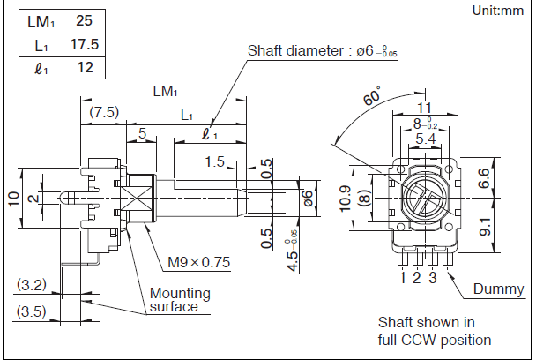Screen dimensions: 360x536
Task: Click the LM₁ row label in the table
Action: [38, 20]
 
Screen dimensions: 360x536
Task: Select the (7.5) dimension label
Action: [104, 112]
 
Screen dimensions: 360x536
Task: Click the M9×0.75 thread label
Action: [199, 262]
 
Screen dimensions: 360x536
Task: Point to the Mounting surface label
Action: [180, 300]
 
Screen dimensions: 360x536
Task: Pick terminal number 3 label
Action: [433, 279]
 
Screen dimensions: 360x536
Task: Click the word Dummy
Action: [498, 289]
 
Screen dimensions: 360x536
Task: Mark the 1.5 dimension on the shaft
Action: [213, 161]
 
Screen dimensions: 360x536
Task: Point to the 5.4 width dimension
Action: [425, 139]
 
